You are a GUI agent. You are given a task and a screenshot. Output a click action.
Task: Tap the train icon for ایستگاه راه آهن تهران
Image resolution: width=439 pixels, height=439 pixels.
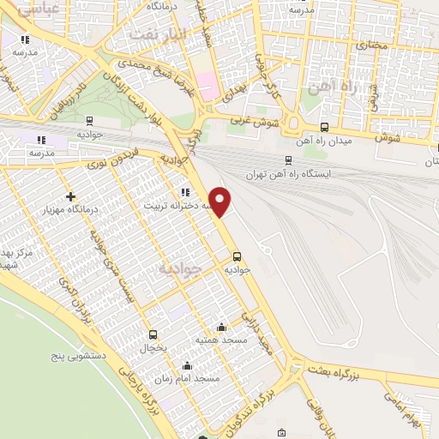click(288, 159)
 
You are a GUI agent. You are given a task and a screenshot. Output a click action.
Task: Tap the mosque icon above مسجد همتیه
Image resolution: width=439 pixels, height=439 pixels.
click(221, 327)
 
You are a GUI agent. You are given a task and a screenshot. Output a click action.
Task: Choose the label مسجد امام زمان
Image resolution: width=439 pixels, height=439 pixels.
click(187, 377)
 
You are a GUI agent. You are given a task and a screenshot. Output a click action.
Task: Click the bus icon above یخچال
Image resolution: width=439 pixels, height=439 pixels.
click(153, 334)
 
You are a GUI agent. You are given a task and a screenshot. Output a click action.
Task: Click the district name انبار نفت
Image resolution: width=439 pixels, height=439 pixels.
click(154, 33)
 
